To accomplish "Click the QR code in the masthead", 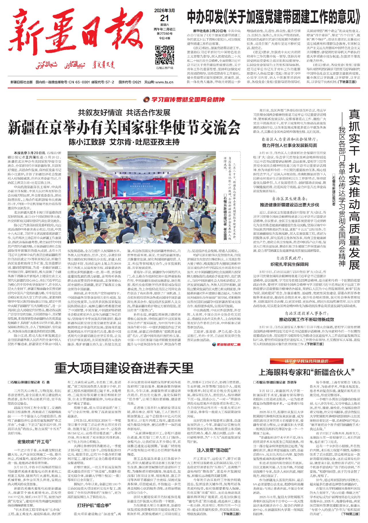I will [164, 55].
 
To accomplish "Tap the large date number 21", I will [164, 18].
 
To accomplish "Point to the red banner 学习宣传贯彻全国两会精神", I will [184, 99].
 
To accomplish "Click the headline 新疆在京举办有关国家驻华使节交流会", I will [124, 127].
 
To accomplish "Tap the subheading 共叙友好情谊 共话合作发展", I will [124, 112].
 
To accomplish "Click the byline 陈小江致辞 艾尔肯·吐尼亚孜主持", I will [124, 142].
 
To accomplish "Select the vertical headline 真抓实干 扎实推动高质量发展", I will [354, 190].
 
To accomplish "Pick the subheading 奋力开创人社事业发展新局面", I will [289, 145].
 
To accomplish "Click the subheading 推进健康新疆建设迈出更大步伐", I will [289, 205].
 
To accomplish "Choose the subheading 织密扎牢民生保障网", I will [289, 264].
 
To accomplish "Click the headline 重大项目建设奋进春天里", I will [124, 368].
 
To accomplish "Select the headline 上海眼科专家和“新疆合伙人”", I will [306, 372].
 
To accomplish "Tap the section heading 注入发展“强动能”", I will [213, 450].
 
